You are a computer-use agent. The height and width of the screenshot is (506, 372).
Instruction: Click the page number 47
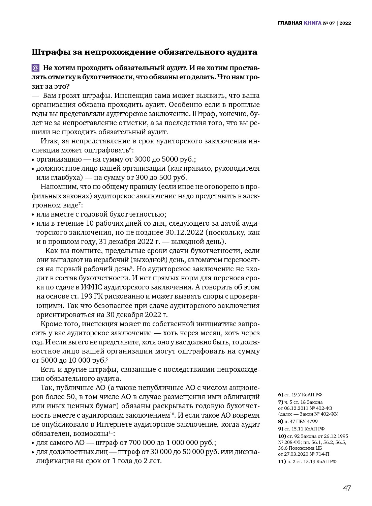pyautogui.click(x=347, y=488)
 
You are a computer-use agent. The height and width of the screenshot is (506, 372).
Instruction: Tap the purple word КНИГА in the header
pyautogui.click(x=312, y=23)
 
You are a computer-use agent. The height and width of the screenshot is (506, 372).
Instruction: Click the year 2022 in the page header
pyautogui.click(x=345, y=23)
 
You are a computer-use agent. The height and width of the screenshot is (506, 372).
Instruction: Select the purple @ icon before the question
pyautogui.click(x=35, y=68)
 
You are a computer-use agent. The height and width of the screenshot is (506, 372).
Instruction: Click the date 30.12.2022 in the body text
pyautogui.click(x=184, y=232)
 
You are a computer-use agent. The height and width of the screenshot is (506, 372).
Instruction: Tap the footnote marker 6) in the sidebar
pyautogui.click(x=280, y=395)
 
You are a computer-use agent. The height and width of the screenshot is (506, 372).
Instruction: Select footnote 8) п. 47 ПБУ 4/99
pyautogui.click(x=298, y=421)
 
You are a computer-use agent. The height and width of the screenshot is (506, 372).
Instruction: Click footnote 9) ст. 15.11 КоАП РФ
pyautogui.click(x=301, y=429)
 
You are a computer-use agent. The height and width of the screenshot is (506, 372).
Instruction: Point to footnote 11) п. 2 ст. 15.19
pyautogui.click(x=307, y=461)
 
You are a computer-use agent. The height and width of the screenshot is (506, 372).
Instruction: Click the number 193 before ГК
pyautogui.click(x=85, y=296)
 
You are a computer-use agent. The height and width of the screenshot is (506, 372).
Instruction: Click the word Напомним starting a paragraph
pyautogui.click(x=57, y=187)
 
